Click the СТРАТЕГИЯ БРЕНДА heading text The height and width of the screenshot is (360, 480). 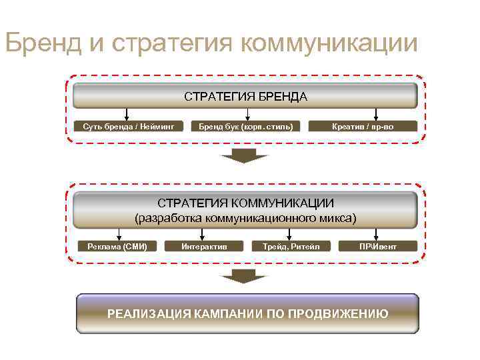[246, 97]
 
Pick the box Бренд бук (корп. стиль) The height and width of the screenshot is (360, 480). [247, 126]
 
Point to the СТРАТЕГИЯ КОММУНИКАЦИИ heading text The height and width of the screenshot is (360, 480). [246, 203]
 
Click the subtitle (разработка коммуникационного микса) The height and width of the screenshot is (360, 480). [246, 217]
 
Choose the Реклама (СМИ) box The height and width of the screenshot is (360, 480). [117, 247]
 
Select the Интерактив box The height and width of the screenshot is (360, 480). [204, 247]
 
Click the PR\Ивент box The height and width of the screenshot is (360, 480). [377, 247]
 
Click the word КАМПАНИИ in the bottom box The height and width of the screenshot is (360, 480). [229, 313]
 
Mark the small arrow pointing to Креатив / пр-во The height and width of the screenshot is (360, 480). [377, 115]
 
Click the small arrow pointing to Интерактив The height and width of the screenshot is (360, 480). [204, 235]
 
